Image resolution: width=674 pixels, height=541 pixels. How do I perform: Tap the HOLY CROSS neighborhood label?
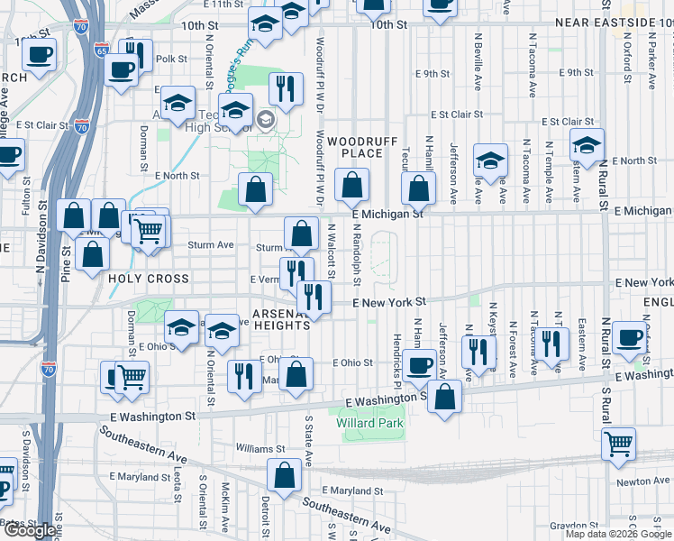(148, 279)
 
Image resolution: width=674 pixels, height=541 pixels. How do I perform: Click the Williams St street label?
(260, 448)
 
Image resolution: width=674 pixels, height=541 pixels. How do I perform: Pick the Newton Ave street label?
(644, 481)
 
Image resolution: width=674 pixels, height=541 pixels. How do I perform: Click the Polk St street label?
(170, 59)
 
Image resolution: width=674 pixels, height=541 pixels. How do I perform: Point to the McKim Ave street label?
(225, 505)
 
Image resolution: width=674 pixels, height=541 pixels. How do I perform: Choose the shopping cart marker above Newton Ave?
(619, 444)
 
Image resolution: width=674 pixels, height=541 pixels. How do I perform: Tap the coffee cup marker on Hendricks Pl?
(420, 365)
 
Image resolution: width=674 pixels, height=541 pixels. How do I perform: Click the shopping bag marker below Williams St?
(285, 475)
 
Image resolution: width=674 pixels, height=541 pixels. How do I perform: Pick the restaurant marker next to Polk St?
(134, 53)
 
